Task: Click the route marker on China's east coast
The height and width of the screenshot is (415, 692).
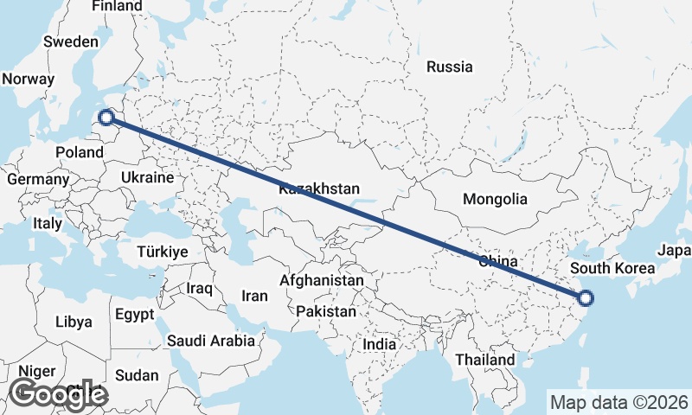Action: click(x=586, y=299)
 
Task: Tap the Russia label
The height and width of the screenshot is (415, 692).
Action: click(x=450, y=67)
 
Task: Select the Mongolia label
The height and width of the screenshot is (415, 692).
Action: click(x=495, y=200)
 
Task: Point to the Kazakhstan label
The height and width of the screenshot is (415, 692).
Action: click(x=319, y=188)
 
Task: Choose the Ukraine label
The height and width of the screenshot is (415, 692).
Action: click(x=147, y=176)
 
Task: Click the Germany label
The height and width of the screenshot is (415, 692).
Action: click(x=38, y=180)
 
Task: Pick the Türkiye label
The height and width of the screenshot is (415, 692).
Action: click(x=163, y=252)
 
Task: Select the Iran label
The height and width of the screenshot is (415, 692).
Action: click(x=254, y=296)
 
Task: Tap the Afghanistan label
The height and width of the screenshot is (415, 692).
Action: click(x=322, y=281)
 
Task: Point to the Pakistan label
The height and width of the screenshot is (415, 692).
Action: click(x=325, y=311)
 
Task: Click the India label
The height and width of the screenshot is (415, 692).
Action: click(x=380, y=344)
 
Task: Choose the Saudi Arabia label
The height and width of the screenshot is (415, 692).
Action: click(x=211, y=341)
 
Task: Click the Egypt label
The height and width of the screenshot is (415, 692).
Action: click(x=134, y=314)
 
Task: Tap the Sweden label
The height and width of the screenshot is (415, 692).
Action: click(x=71, y=41)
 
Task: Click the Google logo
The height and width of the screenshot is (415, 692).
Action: click(x=57, y=394)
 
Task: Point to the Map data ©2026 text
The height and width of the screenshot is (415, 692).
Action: click(x=618, y=402)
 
